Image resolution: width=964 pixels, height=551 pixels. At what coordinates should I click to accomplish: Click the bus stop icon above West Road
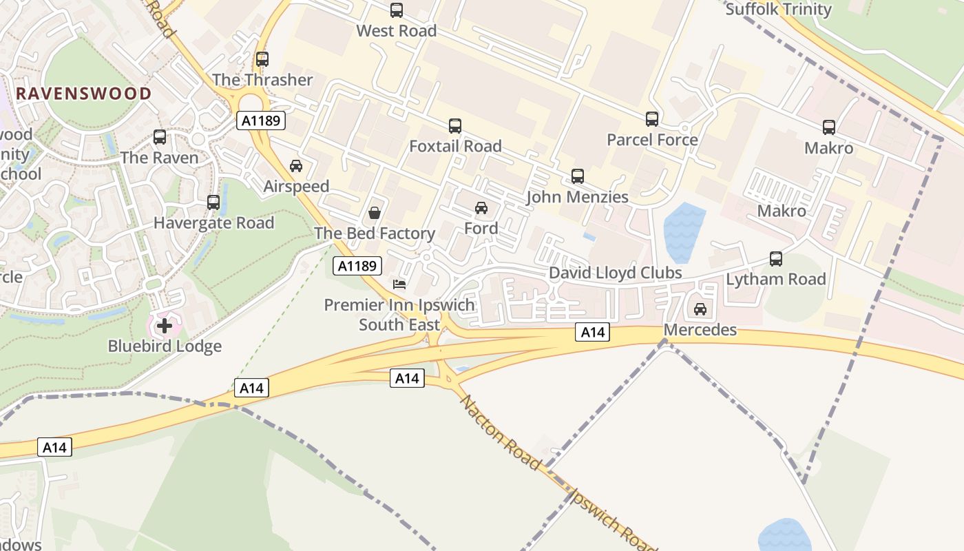(x=397, y=10)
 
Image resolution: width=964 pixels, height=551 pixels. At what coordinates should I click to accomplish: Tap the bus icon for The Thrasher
(x=262, y=59)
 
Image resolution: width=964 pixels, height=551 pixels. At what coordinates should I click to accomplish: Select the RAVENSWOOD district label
(x=83, y=94)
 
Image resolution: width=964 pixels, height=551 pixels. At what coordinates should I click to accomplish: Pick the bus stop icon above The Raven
(x=160, y=137)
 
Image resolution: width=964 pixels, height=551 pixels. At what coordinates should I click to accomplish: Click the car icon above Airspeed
(x=296, y=166)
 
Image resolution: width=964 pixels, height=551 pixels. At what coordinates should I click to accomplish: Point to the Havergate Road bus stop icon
(x=213, y=202)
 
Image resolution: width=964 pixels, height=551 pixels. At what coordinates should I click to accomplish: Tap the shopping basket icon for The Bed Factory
(x=375, y=213)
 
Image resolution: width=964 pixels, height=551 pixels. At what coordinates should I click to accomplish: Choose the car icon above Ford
(x=481, y=207)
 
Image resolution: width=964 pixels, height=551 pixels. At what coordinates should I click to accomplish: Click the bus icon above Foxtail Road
(x=455, y=126)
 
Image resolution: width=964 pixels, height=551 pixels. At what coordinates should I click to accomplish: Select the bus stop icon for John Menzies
(x=578, y=176)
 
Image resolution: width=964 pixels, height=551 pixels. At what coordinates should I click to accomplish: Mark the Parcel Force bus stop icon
(x=652, y=119)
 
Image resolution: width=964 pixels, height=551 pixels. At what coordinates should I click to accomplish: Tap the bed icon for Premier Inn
(x=399, y=284)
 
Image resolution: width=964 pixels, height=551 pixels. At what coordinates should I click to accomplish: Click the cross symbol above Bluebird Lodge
(x=165, y=325)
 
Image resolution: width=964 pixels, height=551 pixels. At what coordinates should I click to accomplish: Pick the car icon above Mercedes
(x=700, y=309)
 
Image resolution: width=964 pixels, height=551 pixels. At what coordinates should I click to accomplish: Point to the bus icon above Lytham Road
(x=776, y=259)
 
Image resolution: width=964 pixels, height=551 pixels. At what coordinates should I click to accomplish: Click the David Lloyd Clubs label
(x=615, y=273)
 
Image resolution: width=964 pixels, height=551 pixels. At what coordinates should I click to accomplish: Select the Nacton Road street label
(x=499, y=432)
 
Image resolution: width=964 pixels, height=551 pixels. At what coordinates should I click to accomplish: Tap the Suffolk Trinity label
(x=778, y=10)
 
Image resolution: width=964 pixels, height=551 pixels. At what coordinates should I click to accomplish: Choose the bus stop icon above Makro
(x=829, y=127)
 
